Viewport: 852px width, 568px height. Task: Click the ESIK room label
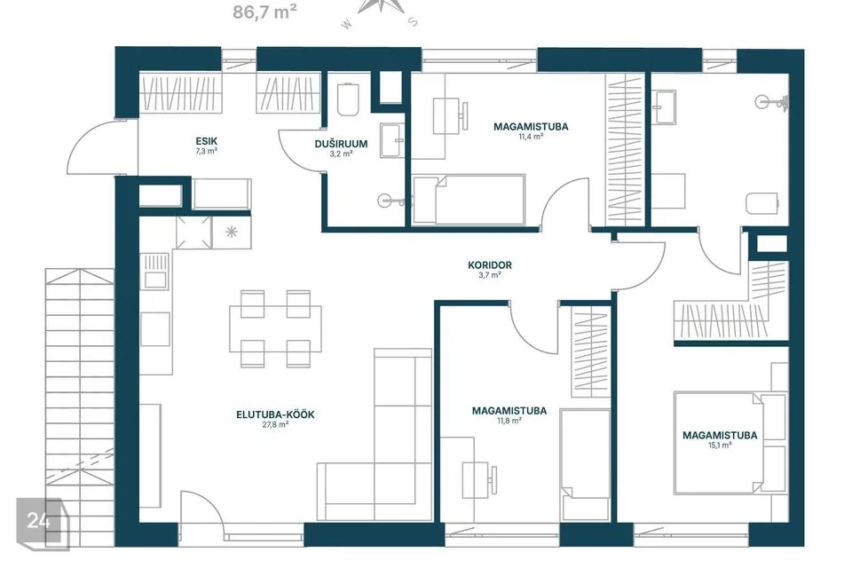207,141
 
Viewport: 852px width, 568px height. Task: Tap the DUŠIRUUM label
341,144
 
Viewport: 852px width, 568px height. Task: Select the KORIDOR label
490,265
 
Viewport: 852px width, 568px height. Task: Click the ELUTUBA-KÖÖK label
275,414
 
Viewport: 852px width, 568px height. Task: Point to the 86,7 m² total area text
264,12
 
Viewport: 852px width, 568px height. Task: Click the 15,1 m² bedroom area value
720,446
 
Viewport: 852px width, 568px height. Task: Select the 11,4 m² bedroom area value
531,137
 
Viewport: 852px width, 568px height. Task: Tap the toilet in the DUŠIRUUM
347,99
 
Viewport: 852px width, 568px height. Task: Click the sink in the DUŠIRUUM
391,141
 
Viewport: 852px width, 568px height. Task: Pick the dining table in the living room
275,329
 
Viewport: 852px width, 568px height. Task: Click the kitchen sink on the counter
154,272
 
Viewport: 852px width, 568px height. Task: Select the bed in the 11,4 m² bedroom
469,200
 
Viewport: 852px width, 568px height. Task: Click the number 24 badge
39,520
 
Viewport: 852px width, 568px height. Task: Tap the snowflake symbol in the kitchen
232,233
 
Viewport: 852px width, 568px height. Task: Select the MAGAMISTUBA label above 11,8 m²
509,411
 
